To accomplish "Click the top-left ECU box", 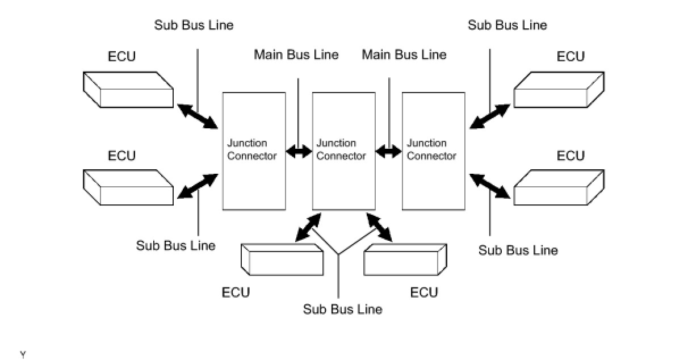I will point(128,89).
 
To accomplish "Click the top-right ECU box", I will point(559,89).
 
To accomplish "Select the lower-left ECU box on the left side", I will point(128,187).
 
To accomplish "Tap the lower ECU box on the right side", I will point(559,187).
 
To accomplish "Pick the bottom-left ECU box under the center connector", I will point(282,259).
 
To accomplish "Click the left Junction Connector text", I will point(251,149).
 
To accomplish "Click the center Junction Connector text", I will point(341,149).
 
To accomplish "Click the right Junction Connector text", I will point(431,149).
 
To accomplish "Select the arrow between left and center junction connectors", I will point(299,152).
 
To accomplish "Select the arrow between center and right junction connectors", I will point(389,152).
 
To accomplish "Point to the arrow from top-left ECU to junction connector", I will point(198,116).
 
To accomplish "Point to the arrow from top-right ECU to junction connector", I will point(490,116).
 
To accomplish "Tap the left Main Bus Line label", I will point(296,55).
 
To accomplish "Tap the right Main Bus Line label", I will point(404,55).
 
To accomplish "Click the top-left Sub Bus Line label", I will point(194,25).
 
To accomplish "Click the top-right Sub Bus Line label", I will point(507,25).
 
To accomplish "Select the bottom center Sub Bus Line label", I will point(342,309).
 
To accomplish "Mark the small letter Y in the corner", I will point(23,355).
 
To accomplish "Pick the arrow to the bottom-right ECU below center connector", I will point(380,227).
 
